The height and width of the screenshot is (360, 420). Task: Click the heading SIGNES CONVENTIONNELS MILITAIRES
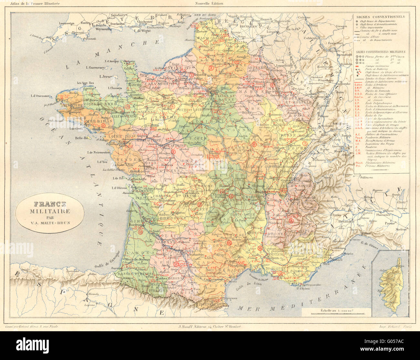pos(381,51)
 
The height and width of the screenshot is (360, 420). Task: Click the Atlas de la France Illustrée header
pos(31,4)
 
